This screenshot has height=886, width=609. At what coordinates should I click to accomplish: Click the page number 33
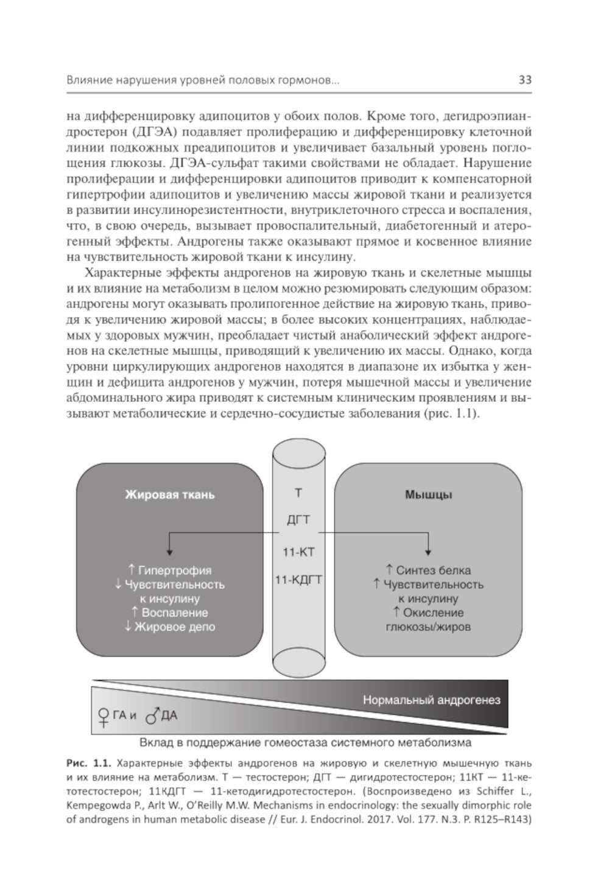tap(524, 80)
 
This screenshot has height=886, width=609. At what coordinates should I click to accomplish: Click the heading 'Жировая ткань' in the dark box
tap(170, 494)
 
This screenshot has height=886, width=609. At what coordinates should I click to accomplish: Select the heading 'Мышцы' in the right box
tap(428, 494)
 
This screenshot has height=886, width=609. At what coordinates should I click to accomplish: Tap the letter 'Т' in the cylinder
tap(298, 493)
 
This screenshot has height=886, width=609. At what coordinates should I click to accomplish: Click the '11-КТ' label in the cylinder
tap(298, 552)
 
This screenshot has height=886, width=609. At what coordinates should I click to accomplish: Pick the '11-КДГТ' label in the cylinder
tap(298, 580)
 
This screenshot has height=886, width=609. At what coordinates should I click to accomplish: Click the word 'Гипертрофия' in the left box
tap(175, 571)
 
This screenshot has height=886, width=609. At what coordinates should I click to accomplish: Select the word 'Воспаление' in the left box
tap(174, 613)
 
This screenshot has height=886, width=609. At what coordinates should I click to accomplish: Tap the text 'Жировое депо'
tap(174, 627)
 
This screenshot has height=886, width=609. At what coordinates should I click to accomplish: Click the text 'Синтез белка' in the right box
tap(433, 571)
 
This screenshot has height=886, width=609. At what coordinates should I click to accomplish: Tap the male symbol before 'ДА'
tap(152, 716)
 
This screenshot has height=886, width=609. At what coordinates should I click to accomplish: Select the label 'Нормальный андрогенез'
tap(431, 700)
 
